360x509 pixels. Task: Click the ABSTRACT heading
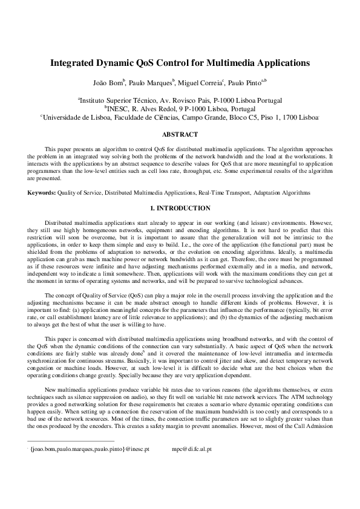180,134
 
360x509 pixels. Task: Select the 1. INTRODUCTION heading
180,208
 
